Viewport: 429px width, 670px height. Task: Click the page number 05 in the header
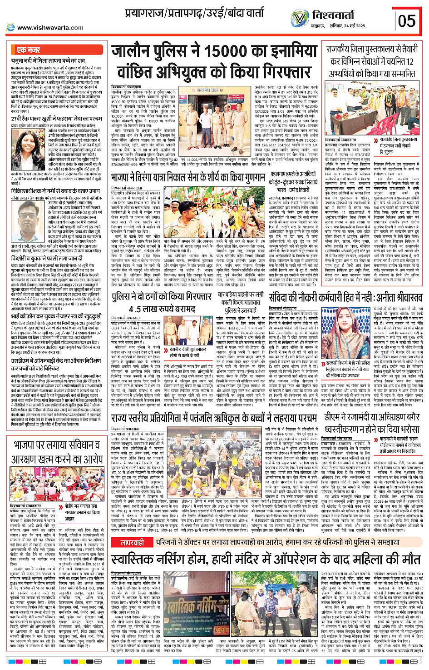407,20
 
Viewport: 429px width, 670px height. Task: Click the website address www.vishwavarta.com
50,27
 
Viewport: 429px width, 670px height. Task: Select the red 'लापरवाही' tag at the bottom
132,543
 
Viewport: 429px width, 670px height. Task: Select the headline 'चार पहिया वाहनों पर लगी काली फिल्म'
240,299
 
